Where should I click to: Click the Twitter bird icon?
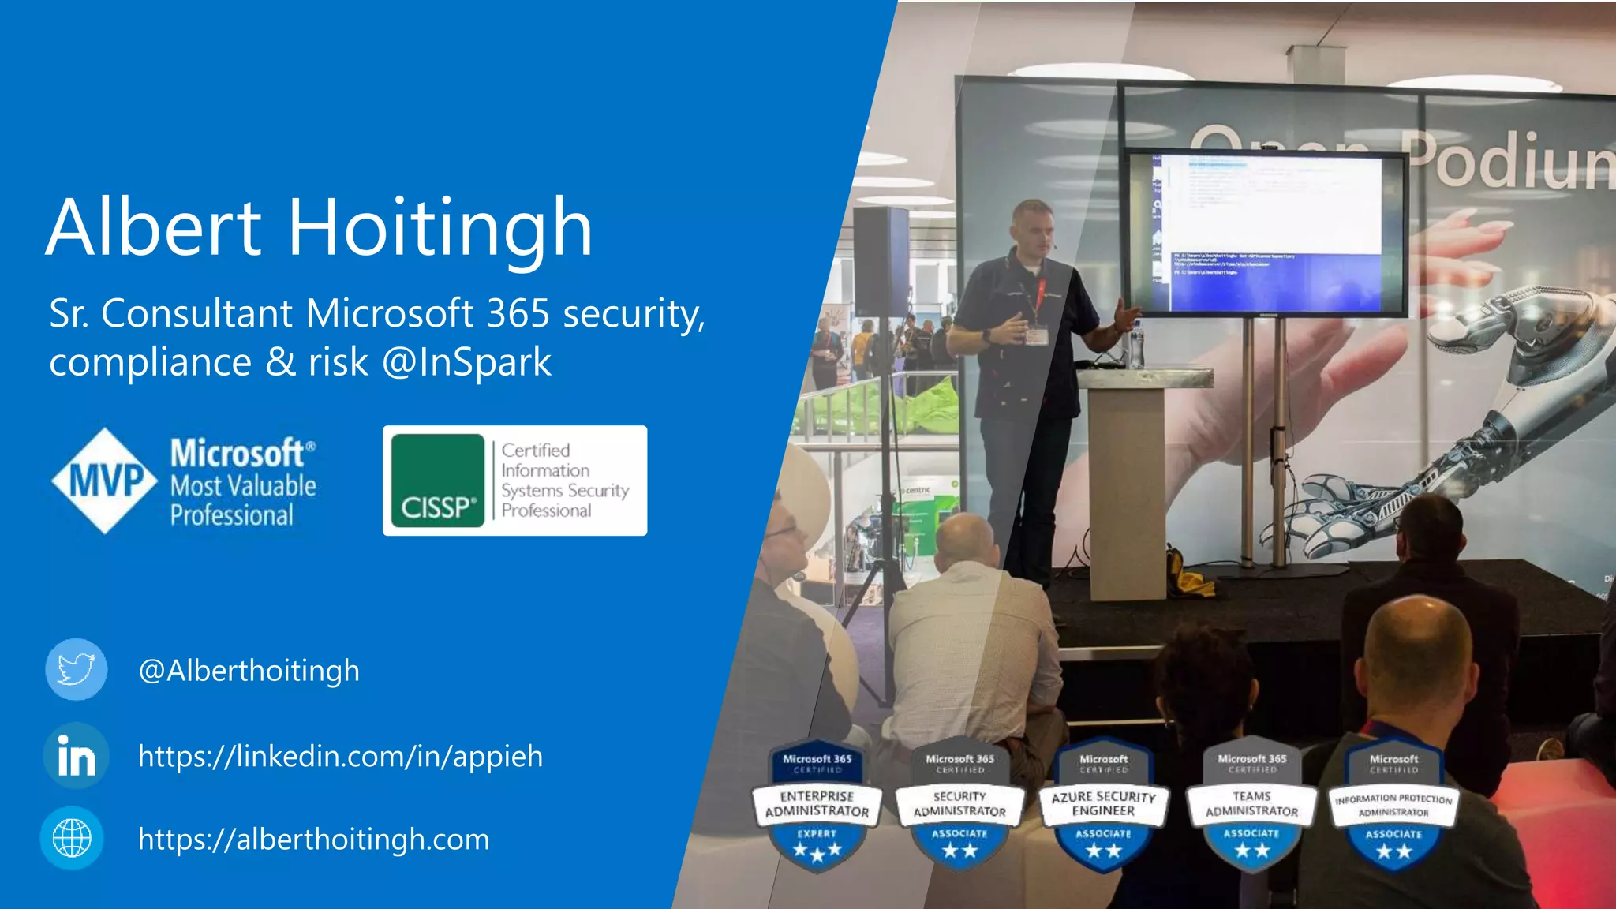coord(76,670)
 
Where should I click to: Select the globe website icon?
coord(72,838)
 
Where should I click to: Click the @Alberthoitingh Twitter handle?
coord(249,671)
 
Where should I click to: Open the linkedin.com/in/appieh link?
coord(340,756)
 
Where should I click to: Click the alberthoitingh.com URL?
coord(313,839)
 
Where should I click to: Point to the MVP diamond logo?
coord(105,481)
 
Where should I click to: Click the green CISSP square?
coord(438,481)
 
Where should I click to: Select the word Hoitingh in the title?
coord(440,229)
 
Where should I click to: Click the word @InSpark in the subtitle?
coord(466,362)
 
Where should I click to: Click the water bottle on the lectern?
coord(1135,346)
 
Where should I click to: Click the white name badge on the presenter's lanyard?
coord(1036,336)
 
